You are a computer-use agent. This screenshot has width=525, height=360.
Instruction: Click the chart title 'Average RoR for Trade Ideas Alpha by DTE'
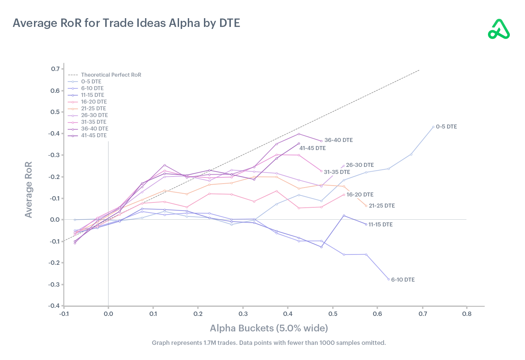[x=127, y=23]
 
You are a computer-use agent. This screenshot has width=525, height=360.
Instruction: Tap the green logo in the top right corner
[x=499, y=30]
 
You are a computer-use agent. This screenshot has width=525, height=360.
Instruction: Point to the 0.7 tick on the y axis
[x=55, y=69]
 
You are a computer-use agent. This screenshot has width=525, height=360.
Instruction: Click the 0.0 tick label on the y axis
[x=55, y=220]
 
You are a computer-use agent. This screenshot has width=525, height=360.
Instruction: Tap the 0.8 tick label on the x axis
[x=467, y=314]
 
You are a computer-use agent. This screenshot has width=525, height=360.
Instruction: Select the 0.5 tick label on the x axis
[x=332, y=314]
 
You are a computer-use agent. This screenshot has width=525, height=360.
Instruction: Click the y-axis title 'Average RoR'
[x=29, y=189]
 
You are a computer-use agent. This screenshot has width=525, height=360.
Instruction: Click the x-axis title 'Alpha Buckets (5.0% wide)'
[x=269, y=328]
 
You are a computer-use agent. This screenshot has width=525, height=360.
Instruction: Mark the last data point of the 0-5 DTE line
[x=433, y=127]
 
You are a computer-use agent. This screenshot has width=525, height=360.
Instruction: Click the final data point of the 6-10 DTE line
[x=388, y=279]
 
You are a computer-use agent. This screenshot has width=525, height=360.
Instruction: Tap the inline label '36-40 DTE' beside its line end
[x=339, y=140]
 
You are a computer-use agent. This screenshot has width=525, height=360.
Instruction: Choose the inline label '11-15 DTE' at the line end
[x=380, y=224]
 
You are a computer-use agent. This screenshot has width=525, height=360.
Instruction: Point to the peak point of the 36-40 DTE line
[x=299, y=134]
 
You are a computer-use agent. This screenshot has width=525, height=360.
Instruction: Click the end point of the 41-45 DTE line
[x=299, y=143]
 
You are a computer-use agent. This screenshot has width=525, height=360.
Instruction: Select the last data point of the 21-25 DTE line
[x=366, y=206]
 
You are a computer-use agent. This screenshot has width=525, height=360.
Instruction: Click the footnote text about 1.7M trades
[x=269, y=343]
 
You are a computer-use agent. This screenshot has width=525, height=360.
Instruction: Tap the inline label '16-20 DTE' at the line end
[x=360, y=194]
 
